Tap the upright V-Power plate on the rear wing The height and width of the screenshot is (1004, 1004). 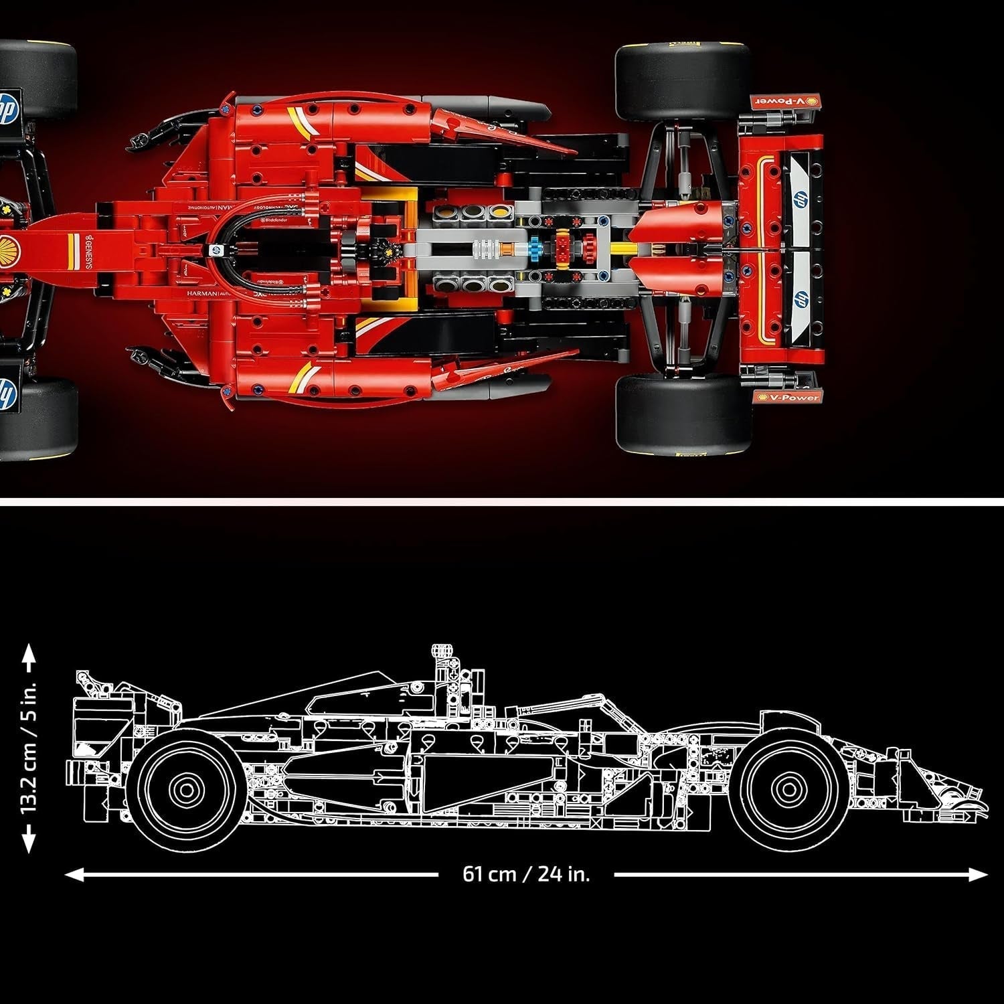pyautogui.click(x=786, y=398)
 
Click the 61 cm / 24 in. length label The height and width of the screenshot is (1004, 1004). pyautogui.click(x=526, y=874)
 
